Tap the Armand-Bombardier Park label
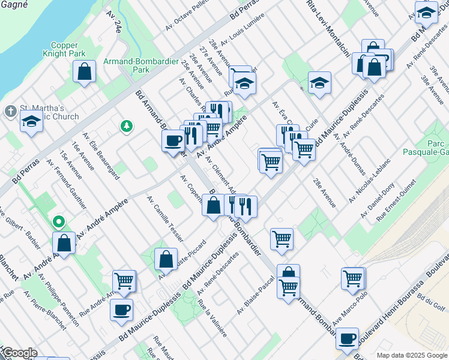(x=126, y=65)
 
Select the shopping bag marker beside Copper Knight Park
(x=85, y=71)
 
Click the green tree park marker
(x=126, y=125)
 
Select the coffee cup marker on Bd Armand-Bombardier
(x=173, y=140)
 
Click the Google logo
(x=20, y=353)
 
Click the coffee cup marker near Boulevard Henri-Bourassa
(x=347, y=339)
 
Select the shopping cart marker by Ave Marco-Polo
(x=353, y=278)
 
